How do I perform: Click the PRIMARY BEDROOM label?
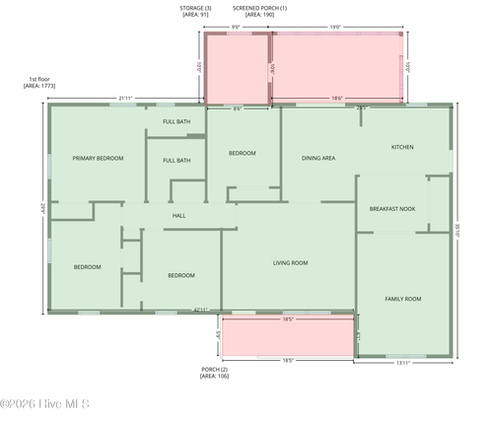(x=98, y=158)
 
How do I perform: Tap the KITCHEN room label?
(x=402, y=147)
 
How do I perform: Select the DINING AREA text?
(x=318, y=158)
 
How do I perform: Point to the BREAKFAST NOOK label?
(x=391, y=209)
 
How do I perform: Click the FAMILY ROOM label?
(x=402, y=298)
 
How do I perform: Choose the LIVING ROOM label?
(x=290, y=262)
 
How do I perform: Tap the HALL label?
(x=178, y=215)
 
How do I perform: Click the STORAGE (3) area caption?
(x=194, y=11)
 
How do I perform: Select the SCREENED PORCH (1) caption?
(x=259, y=11)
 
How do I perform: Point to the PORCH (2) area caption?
(x=214, y=373)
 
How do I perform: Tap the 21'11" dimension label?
(x=126, y=98)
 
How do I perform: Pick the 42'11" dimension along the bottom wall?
(x=200, y=311)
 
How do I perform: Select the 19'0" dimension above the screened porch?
(x=335, y=28)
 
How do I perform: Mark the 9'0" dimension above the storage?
(x=235, y=28)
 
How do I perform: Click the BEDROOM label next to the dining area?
(x=243, y=153)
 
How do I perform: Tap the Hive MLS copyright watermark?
(x=45, y=403)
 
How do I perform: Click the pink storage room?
(x=236, y=69)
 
